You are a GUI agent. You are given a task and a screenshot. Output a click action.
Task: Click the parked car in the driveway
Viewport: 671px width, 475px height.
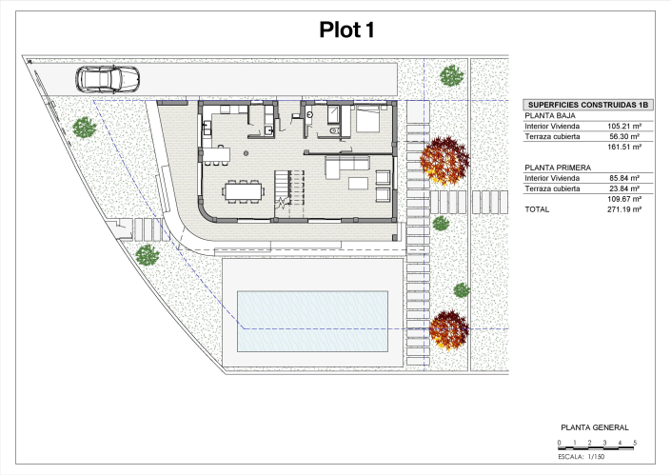click(107, 79)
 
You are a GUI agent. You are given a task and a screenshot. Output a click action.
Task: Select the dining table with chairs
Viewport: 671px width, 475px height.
click(243, 190)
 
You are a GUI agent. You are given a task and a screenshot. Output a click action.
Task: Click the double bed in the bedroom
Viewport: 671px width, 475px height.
click(367, 119)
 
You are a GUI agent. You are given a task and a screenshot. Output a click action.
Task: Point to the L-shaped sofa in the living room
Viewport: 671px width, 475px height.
click(346, 168)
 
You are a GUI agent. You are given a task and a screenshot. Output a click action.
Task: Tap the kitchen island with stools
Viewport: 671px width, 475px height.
click(215, 153)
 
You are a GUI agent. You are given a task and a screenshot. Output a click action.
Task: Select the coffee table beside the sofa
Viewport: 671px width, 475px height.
click(359, 182)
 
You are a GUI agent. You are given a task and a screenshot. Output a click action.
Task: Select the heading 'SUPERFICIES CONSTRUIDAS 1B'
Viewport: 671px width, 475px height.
click(582, 105)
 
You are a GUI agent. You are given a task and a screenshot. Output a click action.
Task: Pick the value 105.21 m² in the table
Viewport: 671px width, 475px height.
click(624, 126)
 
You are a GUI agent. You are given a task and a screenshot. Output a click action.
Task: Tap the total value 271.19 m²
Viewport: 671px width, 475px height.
click(624, 208)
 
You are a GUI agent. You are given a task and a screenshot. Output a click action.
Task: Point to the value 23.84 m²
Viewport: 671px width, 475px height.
click(624, 188)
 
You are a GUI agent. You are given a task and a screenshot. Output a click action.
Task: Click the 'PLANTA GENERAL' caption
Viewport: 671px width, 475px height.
click(595, 428)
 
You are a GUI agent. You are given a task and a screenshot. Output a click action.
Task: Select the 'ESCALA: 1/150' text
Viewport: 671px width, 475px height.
click(582, 457)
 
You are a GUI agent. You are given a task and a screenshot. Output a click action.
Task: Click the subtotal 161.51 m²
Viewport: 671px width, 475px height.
click(624, 148)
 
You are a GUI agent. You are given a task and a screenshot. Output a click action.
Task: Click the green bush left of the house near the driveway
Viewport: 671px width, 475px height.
click(85, 127)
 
